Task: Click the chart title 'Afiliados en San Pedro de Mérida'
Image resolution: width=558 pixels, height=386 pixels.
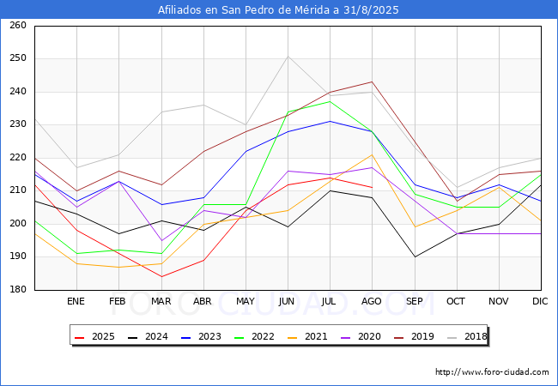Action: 278,10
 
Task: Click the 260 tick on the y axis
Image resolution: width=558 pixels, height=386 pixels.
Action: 17,26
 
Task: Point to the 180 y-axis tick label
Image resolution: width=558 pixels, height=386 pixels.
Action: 17,290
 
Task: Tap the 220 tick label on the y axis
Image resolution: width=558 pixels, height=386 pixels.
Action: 17,158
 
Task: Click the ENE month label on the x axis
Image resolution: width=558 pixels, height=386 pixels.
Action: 76,301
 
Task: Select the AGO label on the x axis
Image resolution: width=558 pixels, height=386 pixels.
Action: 371,301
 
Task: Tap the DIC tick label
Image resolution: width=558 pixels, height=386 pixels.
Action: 540,301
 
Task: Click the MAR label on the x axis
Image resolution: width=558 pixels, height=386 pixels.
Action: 161,301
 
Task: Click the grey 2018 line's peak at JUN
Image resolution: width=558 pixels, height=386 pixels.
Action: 287,56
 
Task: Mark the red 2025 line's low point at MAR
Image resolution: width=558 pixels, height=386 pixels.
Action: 161,276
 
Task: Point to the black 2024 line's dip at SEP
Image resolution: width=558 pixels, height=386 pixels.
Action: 414,256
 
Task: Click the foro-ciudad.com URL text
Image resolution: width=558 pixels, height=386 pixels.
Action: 492,372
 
